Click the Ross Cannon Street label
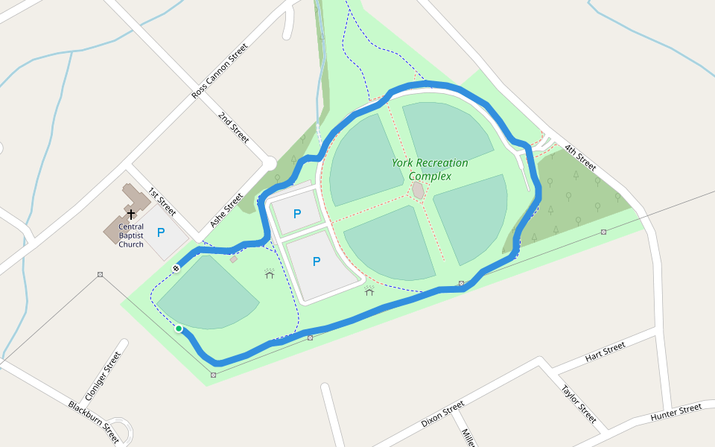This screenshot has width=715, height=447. pos(220,72)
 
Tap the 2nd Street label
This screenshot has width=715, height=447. pos(233,127)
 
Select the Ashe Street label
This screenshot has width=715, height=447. pos(227,210)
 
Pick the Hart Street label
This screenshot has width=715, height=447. pos(605,352)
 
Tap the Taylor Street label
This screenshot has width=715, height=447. pos(579,403)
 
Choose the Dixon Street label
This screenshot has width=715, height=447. pos(442,413)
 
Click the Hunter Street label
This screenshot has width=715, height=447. pos(676,411)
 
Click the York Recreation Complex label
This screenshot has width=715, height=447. pos(430,169)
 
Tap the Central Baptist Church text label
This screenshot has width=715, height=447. pos(131,235)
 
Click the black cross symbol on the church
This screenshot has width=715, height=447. pos(131,214)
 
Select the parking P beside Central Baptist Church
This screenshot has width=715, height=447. pos(161,232)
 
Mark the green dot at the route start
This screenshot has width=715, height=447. pos(179,328)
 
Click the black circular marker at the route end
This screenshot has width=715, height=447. pos(177,267)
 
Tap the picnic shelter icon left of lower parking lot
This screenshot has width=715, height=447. pos(270,274)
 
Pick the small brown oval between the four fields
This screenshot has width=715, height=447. pos(418,191)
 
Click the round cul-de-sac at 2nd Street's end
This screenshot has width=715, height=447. pos(269,162)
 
